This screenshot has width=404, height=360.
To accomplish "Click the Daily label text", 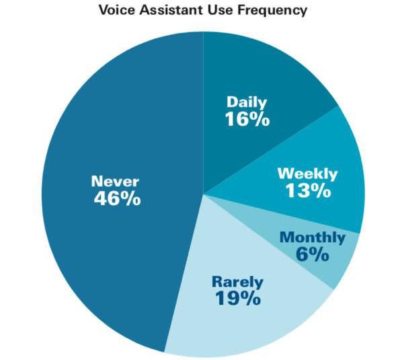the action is (247, 102).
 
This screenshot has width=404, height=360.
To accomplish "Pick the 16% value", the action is (247, 119).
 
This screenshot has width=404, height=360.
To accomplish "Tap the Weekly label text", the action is (307, 174).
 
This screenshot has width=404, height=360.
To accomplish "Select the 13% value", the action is (308, 191).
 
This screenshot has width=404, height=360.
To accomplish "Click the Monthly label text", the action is (313, 238).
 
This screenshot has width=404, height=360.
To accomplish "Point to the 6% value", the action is (313, 254).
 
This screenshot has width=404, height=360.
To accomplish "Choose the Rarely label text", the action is (237, 282).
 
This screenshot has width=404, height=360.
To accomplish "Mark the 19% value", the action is (238, 298).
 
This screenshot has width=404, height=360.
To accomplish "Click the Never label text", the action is (115, 181).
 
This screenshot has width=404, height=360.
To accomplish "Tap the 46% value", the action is (117, 199).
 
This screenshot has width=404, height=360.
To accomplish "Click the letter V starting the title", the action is (104, 10).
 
